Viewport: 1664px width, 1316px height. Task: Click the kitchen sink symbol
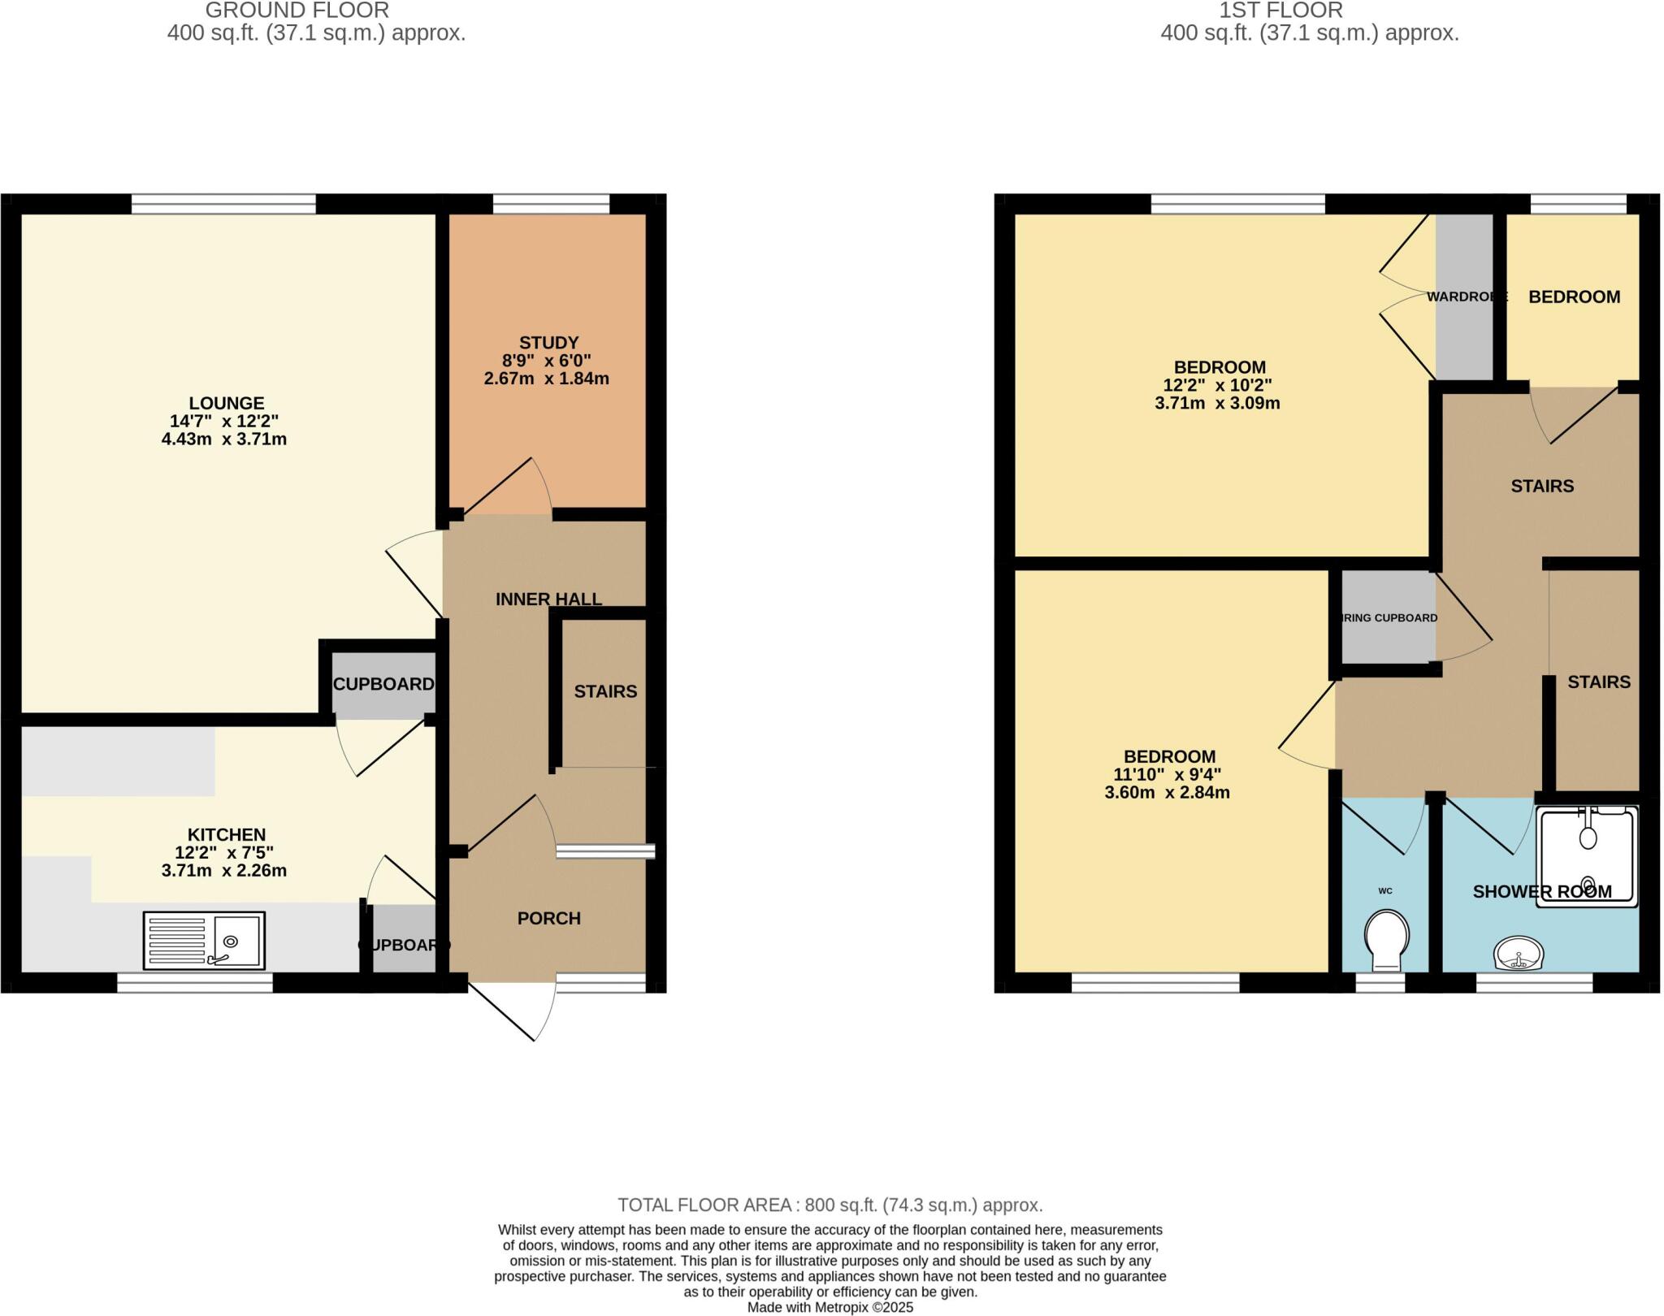(x=204, y=941)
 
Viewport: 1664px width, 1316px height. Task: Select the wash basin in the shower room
(x=1519, y=953)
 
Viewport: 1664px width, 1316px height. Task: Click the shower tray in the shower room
(x=1587, y=856)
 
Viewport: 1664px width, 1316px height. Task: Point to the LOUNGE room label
(x=227, y=403)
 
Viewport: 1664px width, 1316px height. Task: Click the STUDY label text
(x=548, y=343)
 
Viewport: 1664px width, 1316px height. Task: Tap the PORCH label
(x=548, y=918)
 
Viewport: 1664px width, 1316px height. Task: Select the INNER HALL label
(x=548, y=599)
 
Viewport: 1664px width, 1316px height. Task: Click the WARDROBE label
(x=1467, y=297)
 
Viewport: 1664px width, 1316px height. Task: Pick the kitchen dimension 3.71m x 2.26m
(x=224, y=871)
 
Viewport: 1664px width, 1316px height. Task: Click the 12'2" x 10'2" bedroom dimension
(x=1217, y=385)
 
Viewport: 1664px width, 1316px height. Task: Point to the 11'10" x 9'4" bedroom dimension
(x=1167, y=774)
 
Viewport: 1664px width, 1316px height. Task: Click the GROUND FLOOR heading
(x=297, y=11)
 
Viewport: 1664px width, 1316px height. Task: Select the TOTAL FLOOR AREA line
(x=830, y=1205)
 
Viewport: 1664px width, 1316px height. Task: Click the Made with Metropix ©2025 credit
(x=830, y=1307)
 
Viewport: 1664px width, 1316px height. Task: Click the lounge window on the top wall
(x=223, y=204)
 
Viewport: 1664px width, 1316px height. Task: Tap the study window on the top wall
(x=551, y=204)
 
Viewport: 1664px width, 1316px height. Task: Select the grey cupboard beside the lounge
(x=382, y=684)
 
